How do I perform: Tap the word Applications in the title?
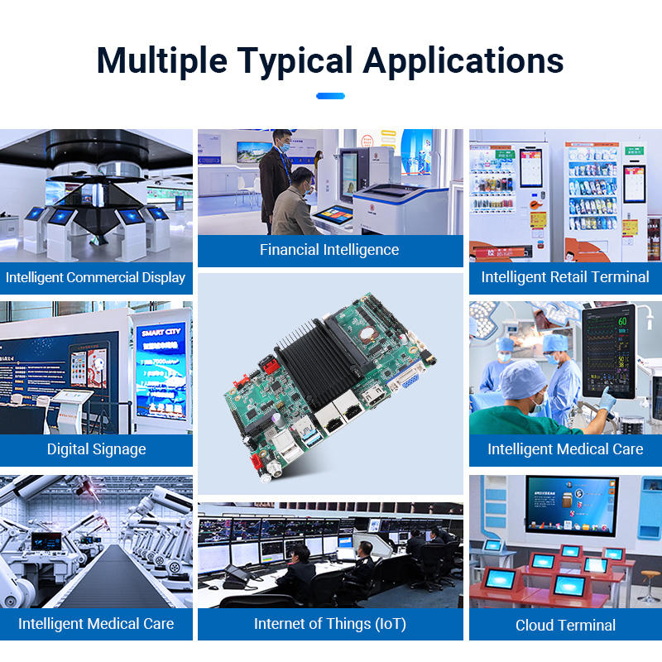click(463, 61)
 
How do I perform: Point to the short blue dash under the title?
click(330, 96)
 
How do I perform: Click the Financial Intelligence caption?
click(329, 250)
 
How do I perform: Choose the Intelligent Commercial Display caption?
click(96, 277)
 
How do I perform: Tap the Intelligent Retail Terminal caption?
click(565, 277)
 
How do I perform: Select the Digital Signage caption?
click(96, 449)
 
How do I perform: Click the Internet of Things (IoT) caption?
click(329, 624)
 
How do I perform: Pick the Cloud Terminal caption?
click(565, 625)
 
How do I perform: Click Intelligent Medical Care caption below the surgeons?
click(565, 449)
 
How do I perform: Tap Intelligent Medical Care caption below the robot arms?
click(96, 624)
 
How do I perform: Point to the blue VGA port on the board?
click(406, 380)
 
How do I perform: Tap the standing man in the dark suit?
click(275, 174)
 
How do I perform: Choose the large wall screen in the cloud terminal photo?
click(571, 506)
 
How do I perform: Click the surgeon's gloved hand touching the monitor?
click(607, 399)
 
